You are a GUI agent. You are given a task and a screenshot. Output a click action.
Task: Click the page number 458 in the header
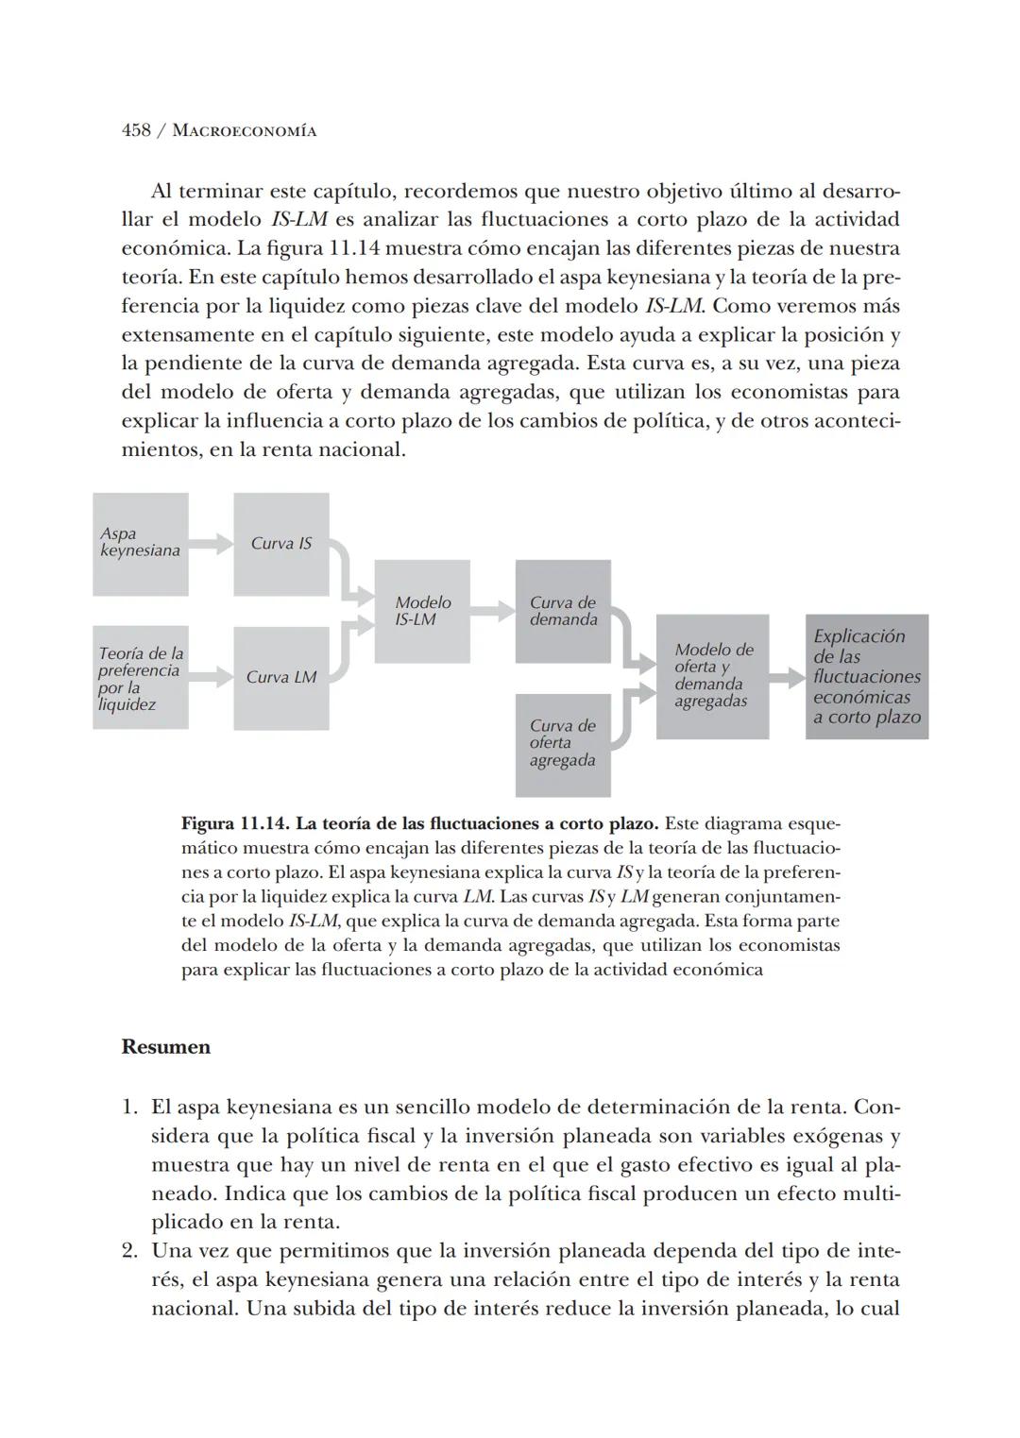coord(136,130)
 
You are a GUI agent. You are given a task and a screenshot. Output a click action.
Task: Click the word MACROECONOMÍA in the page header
coord(245,131)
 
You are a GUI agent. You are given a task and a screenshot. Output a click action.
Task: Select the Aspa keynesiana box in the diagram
coord(140,544)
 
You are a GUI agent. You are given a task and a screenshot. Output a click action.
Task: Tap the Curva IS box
coord(280,544)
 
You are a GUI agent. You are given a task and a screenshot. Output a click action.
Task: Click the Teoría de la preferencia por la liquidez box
coord(140,678)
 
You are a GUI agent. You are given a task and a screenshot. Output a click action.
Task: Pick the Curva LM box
coord(280,678)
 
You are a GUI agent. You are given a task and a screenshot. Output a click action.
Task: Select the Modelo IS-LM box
coord(422,611)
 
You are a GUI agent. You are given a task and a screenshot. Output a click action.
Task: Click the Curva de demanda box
coord(563,611)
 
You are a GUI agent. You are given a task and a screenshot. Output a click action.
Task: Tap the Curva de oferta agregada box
coord(563,743)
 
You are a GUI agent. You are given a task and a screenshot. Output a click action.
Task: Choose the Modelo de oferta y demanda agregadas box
coord(712,676)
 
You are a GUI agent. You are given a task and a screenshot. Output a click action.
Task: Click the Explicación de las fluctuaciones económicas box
coord(866,676)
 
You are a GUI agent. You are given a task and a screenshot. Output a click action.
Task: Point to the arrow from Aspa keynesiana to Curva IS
coord(212,544)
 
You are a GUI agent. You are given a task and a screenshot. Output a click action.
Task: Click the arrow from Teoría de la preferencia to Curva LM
coord(212,677)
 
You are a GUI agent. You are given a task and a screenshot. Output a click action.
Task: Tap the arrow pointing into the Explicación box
coord(787,677)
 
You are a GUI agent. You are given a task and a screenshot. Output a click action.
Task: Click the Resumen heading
coord(166,1047)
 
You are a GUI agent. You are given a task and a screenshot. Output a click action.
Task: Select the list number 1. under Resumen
coord(130,1107)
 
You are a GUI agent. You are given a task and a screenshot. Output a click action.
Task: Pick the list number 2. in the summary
coord(130,1251)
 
